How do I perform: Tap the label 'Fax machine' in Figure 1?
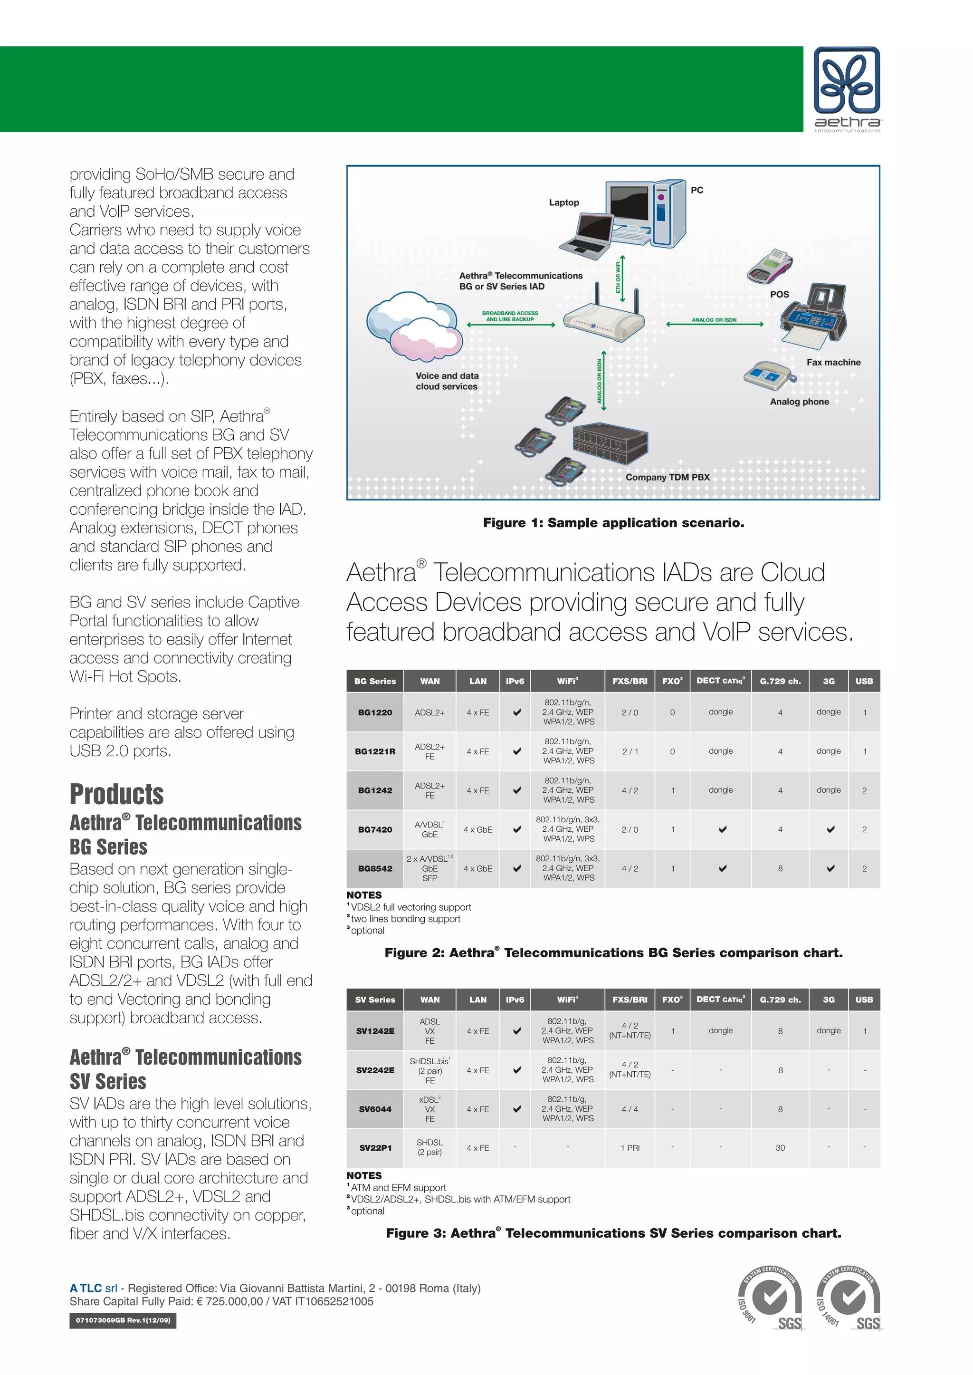tap(833, 362)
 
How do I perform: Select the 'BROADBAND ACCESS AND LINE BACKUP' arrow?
tap(510, 324)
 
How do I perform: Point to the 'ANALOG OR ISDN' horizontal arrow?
tap(714, 324)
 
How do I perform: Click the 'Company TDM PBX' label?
tap(667, 477)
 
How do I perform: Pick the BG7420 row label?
tap(375, 829)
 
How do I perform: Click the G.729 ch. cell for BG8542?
tap(780, 868)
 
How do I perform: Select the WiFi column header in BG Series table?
tap(567, 681)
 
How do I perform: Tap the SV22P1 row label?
tap(375, 1148)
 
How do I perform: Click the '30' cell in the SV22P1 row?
tap(780, 1148)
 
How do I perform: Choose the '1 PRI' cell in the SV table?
tap(630, 1148)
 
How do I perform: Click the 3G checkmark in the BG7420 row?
tap(830, 829)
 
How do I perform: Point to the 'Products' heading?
tap(117, 794)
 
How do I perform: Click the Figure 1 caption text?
tap(613, 523)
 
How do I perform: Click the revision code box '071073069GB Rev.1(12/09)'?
tap(123, 1320)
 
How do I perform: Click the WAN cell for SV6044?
tap(429, 1109)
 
